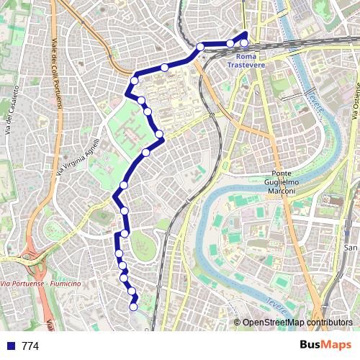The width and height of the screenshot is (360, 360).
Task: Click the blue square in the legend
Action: (x=9, y=346)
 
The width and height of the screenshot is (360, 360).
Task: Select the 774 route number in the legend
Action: (x=30, y=346)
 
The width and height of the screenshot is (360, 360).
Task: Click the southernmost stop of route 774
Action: (x=133, y=307)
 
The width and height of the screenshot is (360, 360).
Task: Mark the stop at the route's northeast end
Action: (x=244, y=42)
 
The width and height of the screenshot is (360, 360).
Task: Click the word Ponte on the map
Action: (x=285, y=174)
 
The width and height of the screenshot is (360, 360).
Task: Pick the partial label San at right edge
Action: (x=351, y=248)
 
